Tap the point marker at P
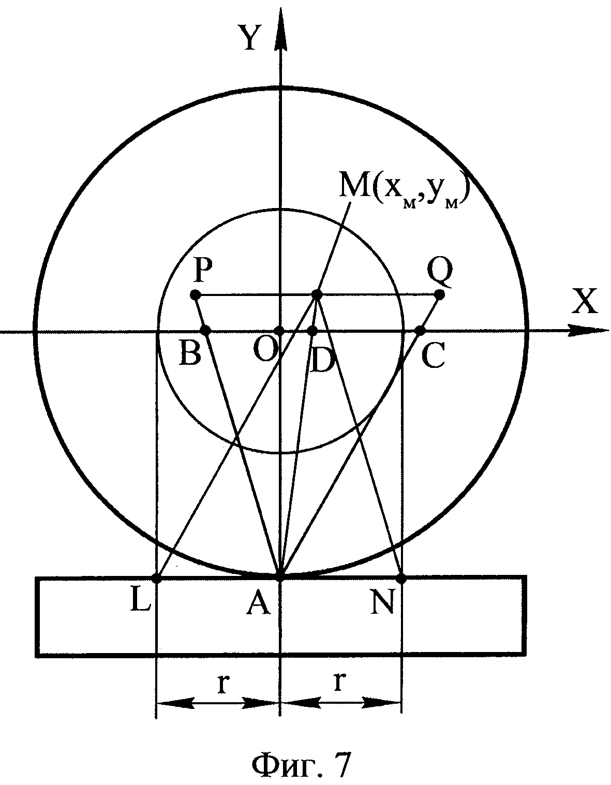[x=195, y=295]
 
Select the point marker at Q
[x=439, y=295]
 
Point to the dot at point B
[x=206, y=330]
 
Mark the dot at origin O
[x=279, y=331]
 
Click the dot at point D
[x=312, y=330]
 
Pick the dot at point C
[x=420, y=330]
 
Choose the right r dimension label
[x=339, y=683]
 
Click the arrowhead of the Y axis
[x=280, y=23]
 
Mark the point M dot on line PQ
[x=317, y=295]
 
